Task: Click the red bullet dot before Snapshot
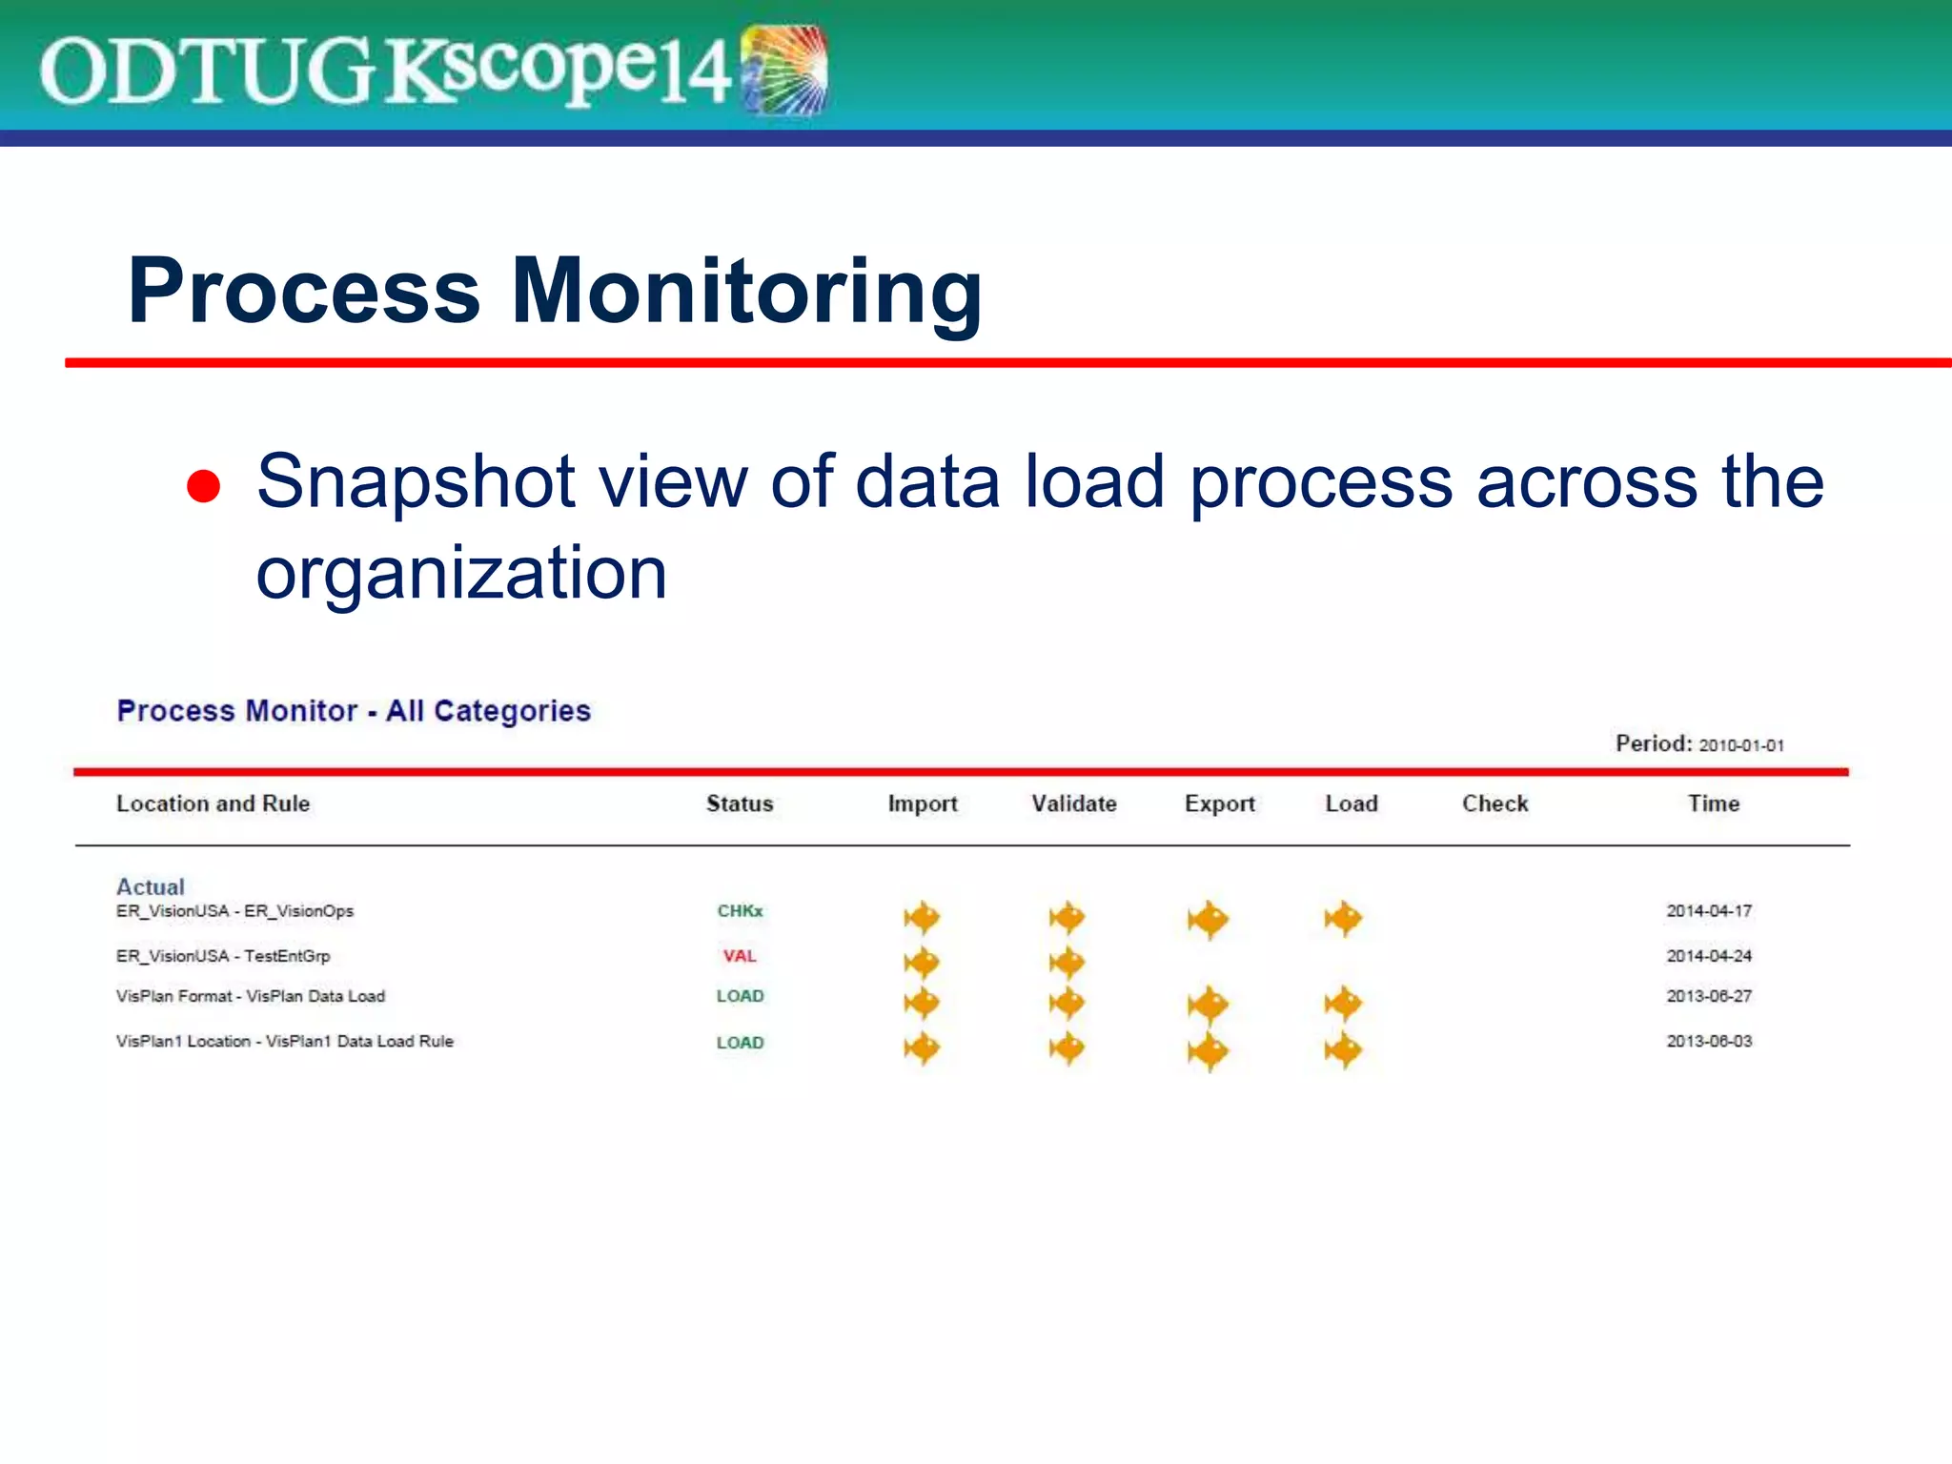click(x=203, y=485)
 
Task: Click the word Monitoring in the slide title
click(x=746, y=291)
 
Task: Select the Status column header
click(x=740, y=803)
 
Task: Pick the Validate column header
click(x=1073, y=803)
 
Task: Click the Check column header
click(x=1494, y=803)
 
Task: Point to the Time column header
click(x=1713, y=803)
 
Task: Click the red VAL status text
click(x=740, y=956)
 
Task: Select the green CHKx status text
click(x=740, y=911)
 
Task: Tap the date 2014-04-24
click(x=1709, y=956)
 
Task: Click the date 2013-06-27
click(x=1709, y=996)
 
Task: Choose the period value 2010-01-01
click(x=1741, y=745)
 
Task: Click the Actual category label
click(x=150, y=886)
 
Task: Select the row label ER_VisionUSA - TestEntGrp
click(x=223, y=956)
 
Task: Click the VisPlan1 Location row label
click(x=284, y=1041)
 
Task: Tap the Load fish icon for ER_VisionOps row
click(x=1344, y=919)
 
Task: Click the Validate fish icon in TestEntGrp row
click(x=1067, y=963)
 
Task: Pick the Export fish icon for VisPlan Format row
click(x=1209, y=1005)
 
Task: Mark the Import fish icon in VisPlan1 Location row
click(x=922, y=1048)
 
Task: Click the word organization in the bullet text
click(x=461, y=574)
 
